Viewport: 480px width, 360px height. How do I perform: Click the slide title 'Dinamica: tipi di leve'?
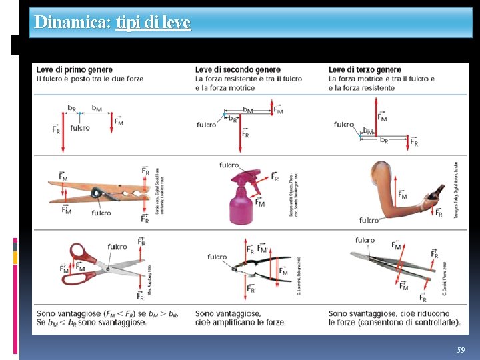pos(112,23)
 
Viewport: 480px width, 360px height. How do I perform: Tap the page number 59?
pos(461,350)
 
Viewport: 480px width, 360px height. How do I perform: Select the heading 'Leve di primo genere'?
pos(74,69)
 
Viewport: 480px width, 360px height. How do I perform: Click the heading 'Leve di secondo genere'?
pos(237,69)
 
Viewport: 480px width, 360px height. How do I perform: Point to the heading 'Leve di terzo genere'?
pos(365,69)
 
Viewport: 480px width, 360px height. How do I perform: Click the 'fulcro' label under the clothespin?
pos(101,213)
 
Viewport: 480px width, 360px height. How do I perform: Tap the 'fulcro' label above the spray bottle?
pos(229,165)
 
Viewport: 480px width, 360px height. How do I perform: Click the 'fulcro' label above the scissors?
pos(117,247)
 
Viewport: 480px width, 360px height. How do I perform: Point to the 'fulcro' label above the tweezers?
pos(365,240)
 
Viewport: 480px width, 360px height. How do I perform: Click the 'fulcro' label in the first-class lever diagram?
pos(79,128)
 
